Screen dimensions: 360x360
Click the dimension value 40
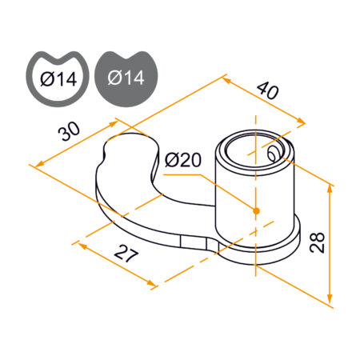[x=267, y=90]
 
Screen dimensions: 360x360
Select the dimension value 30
[x=69, y=131]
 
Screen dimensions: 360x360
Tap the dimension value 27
[x=126, y=253]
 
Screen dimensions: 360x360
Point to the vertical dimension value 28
[x=317, y=242]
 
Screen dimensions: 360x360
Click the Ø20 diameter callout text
[x=183, y=160]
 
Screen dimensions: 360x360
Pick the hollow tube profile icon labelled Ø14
[x=58, y=79]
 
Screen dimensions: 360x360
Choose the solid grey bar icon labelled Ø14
[x=126, y=79]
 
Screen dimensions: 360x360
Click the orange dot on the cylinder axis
[x=256, y=211]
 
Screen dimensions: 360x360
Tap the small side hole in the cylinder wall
[x=273, y=154]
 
